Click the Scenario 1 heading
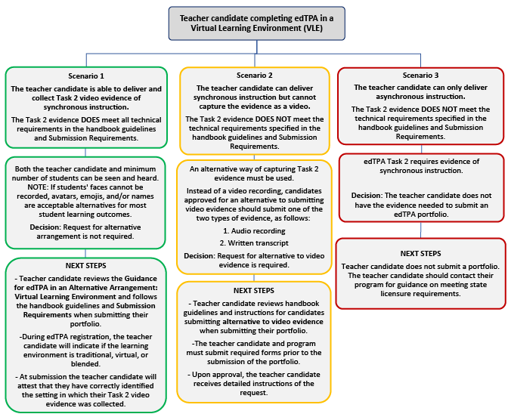[85, 76]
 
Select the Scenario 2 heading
[254, 76]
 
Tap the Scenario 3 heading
[421, 76]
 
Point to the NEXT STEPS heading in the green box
[85, 266]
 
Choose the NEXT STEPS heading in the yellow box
[254, 290]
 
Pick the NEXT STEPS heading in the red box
[421, 253]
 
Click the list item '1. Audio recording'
[254, 229]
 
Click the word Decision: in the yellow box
[203, 255]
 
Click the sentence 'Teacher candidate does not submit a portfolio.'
[420, 266]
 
